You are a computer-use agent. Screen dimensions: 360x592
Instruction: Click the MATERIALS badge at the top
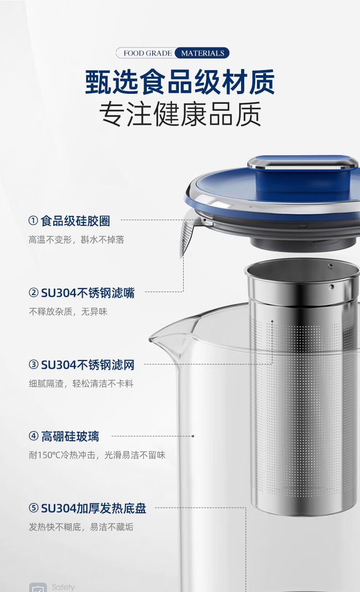[202, 53]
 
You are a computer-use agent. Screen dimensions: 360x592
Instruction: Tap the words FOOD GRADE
[148, 53]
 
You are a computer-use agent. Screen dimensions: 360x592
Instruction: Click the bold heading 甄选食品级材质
[180, 82]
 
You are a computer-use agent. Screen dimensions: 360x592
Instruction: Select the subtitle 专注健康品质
[180, 114]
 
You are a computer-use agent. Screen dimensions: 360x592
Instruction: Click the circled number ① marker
[33, 220]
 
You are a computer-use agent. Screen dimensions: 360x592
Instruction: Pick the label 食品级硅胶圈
[75, 221]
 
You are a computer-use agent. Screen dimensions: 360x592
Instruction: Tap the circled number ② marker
[33, 292]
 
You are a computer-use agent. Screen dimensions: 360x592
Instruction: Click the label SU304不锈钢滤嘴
[88, 293]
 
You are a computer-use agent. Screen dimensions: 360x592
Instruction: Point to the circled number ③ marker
[33, 365]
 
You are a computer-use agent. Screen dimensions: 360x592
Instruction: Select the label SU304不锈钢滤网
[88, 365]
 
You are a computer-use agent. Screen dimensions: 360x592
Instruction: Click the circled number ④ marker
[33, 436]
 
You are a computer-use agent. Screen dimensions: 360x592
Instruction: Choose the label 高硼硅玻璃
[70, 436]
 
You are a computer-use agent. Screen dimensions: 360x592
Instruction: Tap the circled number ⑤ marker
[33, 508]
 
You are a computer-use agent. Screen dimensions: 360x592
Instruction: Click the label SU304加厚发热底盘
[93, 508]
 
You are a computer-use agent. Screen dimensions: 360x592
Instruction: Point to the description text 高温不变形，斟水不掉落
[76, 240]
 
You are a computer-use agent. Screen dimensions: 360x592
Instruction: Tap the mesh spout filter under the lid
[186, 238]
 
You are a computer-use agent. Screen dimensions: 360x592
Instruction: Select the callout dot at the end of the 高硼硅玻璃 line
[193, 436]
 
